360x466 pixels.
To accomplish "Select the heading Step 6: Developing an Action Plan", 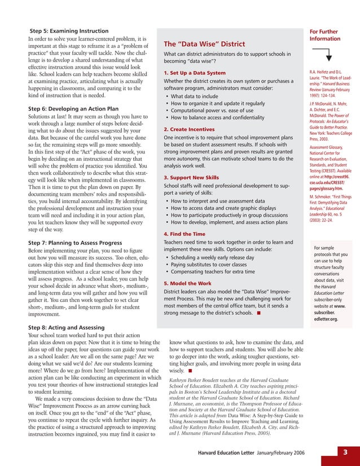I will pos(73,108).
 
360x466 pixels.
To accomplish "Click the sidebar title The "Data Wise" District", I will pos(204,44).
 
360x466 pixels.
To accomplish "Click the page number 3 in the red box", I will pos(346,452).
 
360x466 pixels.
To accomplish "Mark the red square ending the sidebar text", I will pos(258,312).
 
